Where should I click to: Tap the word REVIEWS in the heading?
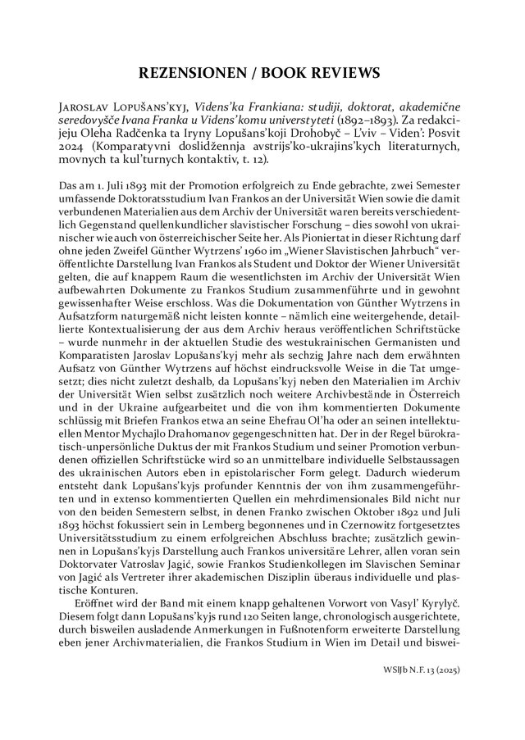click(342, 72)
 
